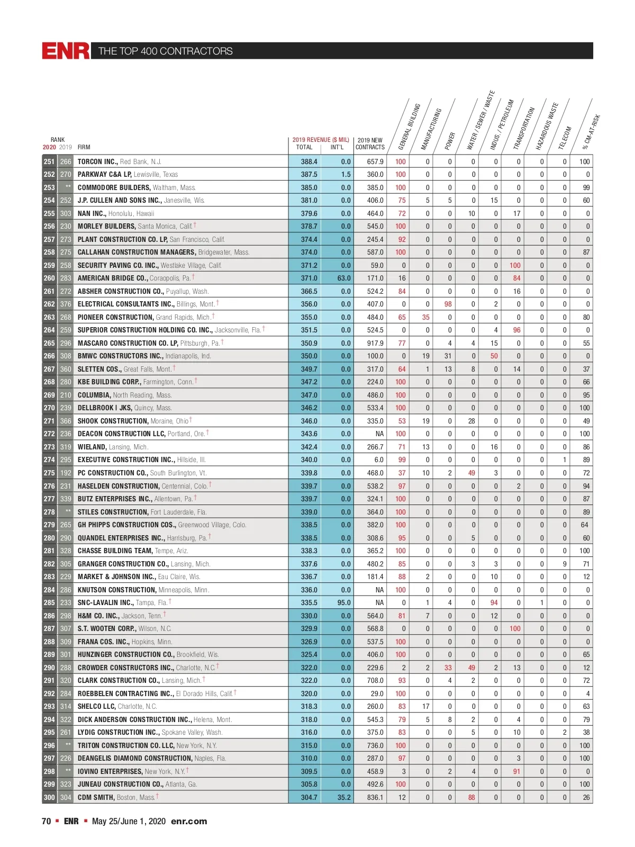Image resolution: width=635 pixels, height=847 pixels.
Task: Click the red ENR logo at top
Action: pyautogui.click(x=66, y=51)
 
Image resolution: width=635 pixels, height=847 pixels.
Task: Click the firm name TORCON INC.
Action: pyautogui.click(x=97, y=161)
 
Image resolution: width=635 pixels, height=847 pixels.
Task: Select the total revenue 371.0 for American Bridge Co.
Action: pyautogui.click(x=309, y=278)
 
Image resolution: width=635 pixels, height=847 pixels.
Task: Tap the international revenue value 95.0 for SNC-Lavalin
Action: pyautogui.click(x=344, y=602)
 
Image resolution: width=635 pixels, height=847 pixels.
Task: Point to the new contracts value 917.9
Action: pyautogui.click(x=375, y=343)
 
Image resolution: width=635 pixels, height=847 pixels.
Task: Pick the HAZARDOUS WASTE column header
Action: pyautogui.click(x=547, y=127)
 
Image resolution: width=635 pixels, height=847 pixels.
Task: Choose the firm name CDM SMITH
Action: pyautogui.click(x=96, y=797)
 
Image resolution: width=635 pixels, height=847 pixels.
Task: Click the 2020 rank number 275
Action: pyautogui.click(x=49, y=473)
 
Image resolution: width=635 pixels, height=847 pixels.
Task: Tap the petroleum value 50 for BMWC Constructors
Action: pyautogui.click(x=494, y=356)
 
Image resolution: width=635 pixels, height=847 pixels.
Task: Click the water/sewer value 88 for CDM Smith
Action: pyautogui.click(x=471, y=797)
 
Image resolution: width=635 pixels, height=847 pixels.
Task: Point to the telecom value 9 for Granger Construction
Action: pyautogui.click(x=565, y=564)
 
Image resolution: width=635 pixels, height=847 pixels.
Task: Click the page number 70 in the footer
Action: pyautogui.click(x=47, y=821)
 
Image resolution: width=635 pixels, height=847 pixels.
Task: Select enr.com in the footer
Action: pyautogui.click(x=189, y=821)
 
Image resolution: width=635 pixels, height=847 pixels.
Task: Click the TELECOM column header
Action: pyautogui.click(x=565, y=138)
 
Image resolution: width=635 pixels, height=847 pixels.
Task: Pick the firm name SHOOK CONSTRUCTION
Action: pyautogui.click(x=113, y=421)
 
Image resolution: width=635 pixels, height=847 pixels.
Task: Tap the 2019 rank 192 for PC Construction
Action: pyautogui.click(x=66, y=473)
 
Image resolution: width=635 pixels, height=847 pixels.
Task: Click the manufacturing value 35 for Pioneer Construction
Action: pyautogui.click(x=426, y=317)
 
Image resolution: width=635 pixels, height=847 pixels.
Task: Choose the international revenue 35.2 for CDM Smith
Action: pyautogui.click(x=344, y=797)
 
